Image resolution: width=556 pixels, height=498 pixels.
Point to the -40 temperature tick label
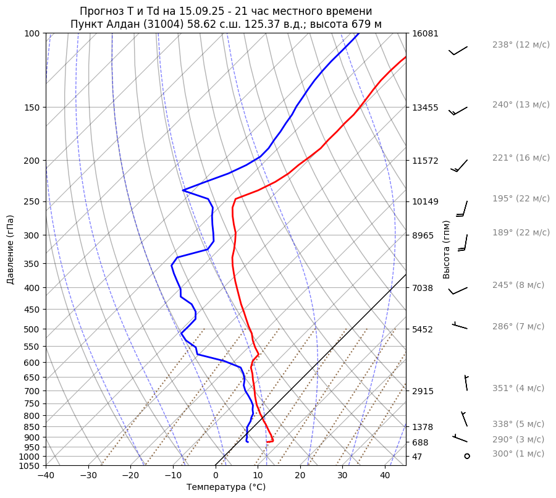click(46, 476)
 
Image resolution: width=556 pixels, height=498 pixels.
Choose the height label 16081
click(425, 33)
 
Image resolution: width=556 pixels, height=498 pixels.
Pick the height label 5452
click(423, 329)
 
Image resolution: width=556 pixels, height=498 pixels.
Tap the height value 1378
click(423, 427)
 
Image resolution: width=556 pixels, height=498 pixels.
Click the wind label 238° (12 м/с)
click(521, 44)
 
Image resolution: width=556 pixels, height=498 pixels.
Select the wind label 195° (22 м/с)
click(521, 198)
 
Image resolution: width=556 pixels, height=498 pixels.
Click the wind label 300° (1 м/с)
click(518, 454)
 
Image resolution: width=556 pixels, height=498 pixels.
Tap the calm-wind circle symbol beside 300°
click(467, 456)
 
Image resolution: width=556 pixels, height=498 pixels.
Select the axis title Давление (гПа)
click(11, 249)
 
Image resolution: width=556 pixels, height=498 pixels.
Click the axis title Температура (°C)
click(226, 487)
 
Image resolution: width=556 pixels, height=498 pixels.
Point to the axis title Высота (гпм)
click(447, 249)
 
